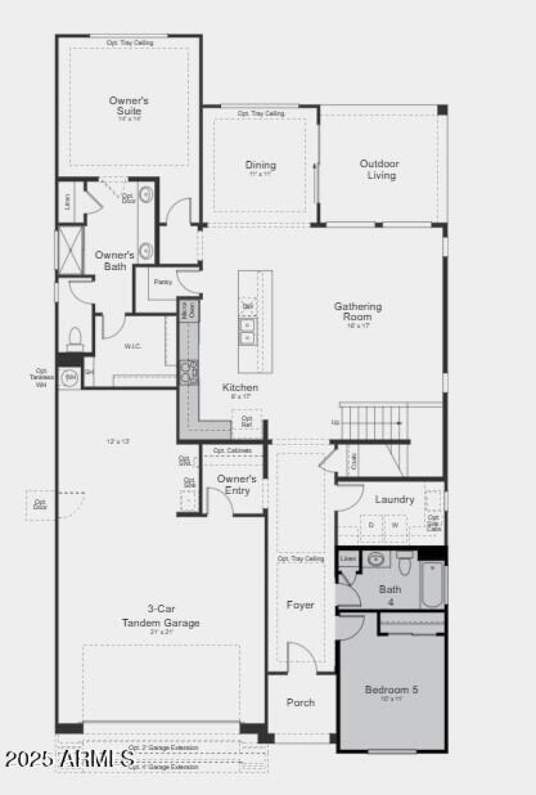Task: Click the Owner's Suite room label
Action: [129, 105]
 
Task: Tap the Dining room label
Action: [260, 166]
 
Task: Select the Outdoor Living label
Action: [379, 170]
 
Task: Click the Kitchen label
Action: [240, 387]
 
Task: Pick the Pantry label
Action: [163, 282]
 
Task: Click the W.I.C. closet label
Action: [131, 347]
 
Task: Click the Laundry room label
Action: [395, 499]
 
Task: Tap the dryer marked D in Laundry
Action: [371, 526]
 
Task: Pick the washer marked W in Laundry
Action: [395, 526]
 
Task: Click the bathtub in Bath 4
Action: [433, 583]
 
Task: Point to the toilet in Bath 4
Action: [404, 565]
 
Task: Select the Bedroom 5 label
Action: [391, 689]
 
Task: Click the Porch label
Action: [300, 702]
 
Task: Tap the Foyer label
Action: [300, 605]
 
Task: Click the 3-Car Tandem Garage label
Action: [160, 616]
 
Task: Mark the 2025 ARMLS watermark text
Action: [69, 759]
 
